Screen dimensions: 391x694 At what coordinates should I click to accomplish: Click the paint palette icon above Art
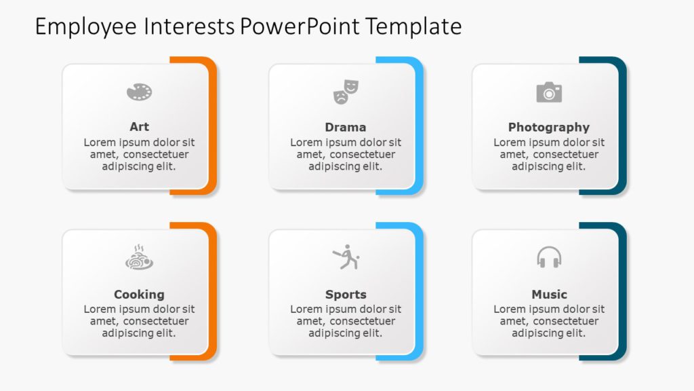[139, 92]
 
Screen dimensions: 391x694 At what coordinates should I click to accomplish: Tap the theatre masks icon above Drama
[346, 92]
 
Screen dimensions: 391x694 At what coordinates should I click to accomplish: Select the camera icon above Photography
[549, 92]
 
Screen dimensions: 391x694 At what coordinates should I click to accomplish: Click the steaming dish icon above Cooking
[139, 258]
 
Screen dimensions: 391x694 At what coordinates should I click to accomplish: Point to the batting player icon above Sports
[346, 257]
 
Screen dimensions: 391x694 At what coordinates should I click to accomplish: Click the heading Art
[139, 127]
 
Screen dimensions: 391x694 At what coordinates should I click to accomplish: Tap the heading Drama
[346, 127]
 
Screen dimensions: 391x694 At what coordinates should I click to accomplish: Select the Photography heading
[549, 127]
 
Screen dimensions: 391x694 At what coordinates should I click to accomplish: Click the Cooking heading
[139, 294]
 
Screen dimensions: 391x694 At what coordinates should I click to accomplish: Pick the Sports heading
[346, 294]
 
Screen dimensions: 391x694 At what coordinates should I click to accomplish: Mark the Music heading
[549, 294]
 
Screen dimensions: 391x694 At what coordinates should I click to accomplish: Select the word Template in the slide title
[413, 26]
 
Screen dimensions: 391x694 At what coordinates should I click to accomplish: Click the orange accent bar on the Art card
[213, 126]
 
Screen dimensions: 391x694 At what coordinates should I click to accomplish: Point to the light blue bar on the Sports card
[420, 292]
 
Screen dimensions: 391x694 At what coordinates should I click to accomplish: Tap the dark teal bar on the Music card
[623, 292]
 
